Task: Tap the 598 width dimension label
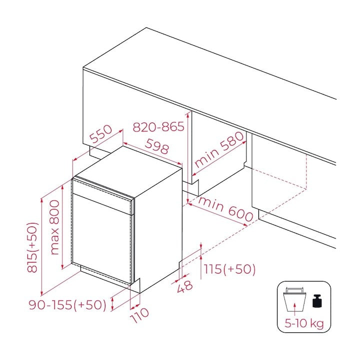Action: click(157, 146)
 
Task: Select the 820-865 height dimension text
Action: click(158, 126)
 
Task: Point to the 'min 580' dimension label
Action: click(219, 149)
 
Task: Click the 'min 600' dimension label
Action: click(225, 209)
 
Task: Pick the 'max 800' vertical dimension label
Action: click(54, 227)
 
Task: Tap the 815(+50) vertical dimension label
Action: click(32, 247)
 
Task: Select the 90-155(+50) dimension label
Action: click(67, 305)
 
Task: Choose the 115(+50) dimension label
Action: click(229, 269)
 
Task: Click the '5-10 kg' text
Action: click(304, 323)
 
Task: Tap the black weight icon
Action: click(317, 300)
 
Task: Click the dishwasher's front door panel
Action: click(101, 239)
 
